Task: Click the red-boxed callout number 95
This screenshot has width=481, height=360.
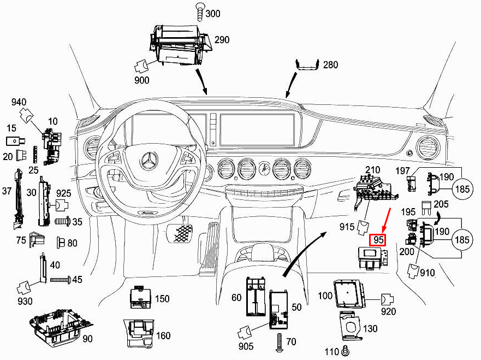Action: click(378, 239)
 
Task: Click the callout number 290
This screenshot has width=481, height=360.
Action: click(222, 40)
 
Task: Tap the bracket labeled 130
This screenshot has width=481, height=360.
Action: click(349, 326)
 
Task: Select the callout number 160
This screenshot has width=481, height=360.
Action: click(163, 335)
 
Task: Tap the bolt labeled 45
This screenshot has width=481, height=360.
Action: click(60, 280)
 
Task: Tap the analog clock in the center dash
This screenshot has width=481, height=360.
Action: click(264, 168)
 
